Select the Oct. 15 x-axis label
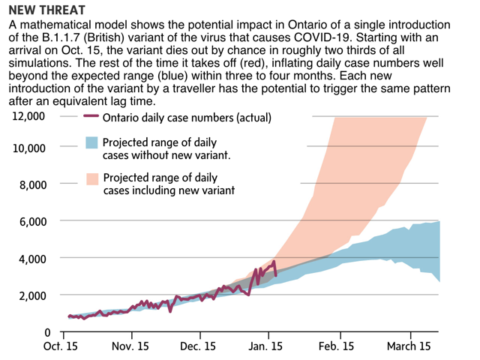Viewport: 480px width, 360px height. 61,346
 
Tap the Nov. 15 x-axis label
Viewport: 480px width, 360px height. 130,346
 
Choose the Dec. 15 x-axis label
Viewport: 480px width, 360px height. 199,346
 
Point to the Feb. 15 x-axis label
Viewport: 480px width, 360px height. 337,346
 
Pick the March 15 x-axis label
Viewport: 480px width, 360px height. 409,346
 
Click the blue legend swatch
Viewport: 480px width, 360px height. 92,142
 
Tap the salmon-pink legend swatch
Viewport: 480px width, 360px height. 92,178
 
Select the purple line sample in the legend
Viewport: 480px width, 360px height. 91,118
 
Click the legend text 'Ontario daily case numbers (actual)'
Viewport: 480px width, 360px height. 186,118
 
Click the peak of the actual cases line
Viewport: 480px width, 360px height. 275,262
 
